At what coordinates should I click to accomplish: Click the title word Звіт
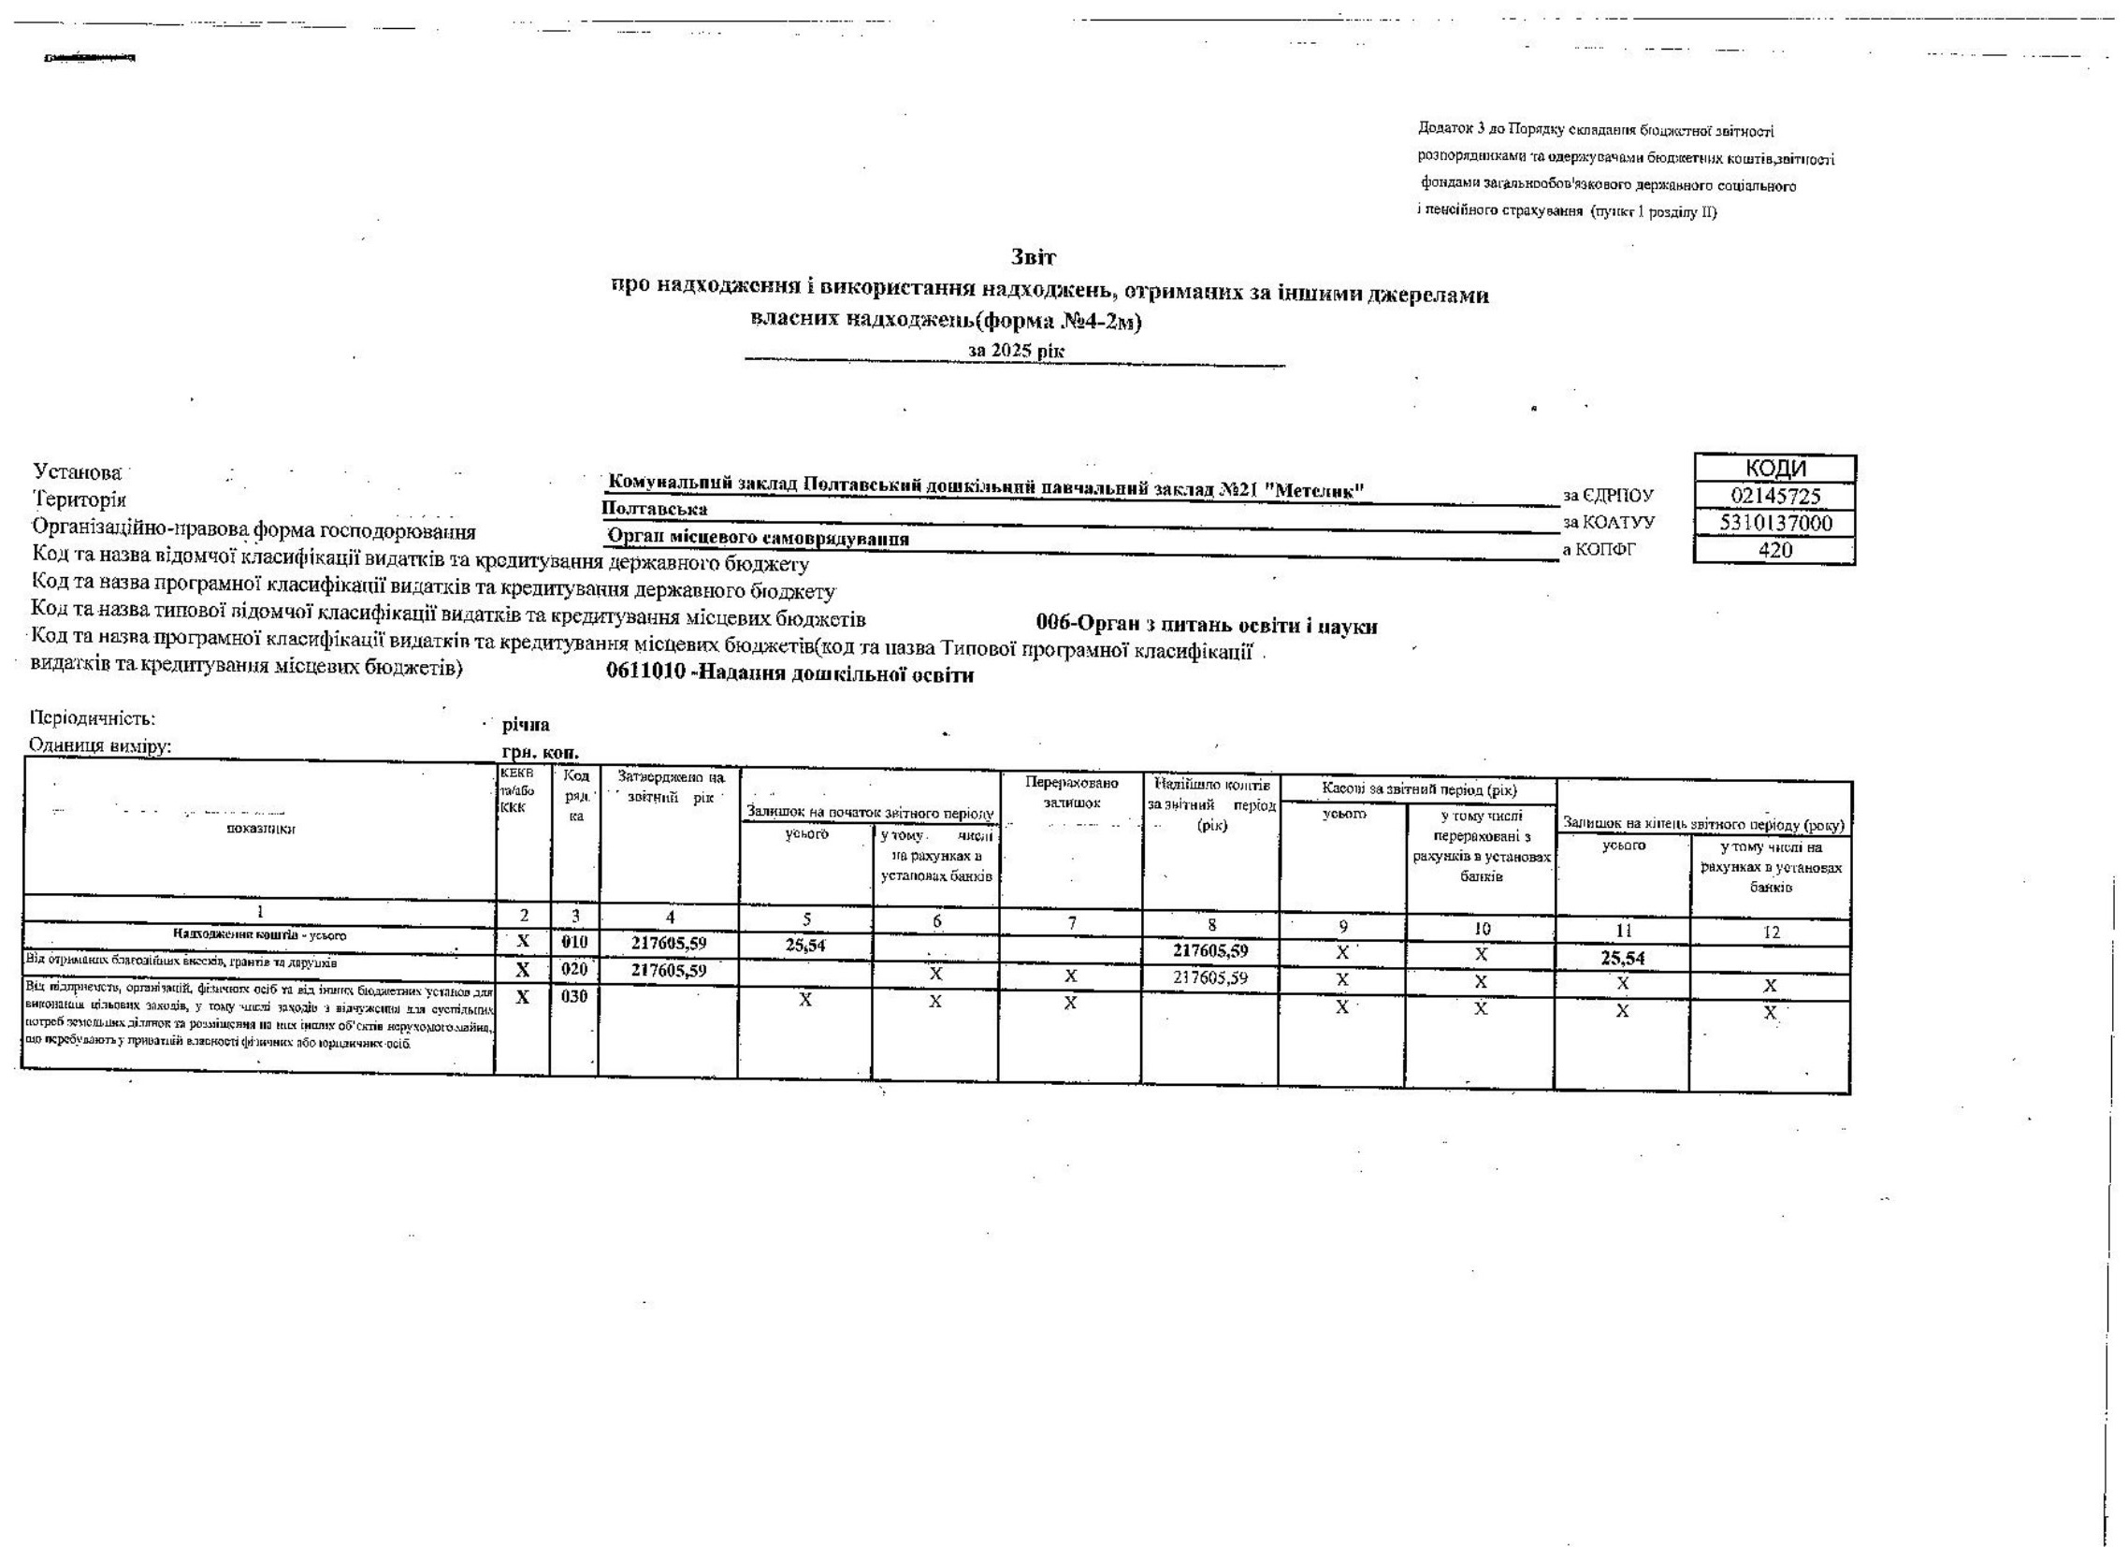1035,256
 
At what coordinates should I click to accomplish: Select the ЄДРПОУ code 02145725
1774,496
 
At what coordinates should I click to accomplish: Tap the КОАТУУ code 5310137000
1774,523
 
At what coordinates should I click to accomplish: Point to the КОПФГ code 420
1774,550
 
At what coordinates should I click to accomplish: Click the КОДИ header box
1774,469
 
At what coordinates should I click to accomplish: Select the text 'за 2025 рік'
1016,350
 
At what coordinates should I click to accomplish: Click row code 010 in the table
574,941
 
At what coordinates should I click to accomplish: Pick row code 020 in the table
574,969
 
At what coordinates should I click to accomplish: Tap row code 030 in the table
574,996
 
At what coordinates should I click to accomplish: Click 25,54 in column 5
805,946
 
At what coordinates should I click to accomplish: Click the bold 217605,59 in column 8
1210,950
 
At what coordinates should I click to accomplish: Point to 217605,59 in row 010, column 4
668,942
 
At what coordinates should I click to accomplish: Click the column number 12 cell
1770,932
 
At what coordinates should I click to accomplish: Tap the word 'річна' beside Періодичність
527,725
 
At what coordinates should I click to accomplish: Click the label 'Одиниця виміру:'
103,747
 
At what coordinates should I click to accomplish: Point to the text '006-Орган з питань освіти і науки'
1207,626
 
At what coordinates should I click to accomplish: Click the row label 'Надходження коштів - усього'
260,934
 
